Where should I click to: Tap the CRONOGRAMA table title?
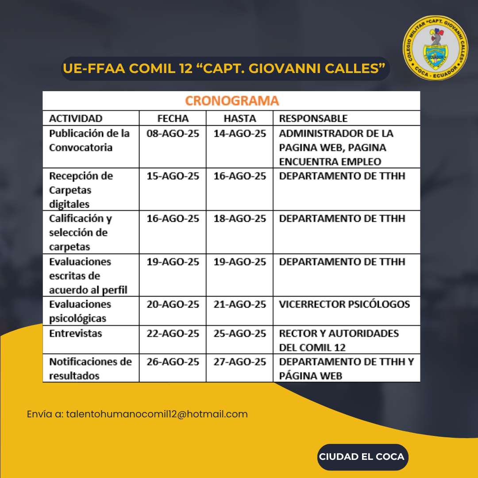click(231, 101)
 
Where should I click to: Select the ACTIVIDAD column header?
click(76, 118)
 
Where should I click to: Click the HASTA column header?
click(239, 118)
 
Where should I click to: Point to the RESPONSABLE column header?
click(313, 118)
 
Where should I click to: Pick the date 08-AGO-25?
click(173, 134)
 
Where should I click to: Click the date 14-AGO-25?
click(240, 134)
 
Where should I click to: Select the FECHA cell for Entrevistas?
click(173, 333)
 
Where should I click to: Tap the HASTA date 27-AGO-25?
click(240, 362)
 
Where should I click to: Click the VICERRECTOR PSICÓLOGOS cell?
click(344, 305)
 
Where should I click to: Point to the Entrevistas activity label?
click(76, 333)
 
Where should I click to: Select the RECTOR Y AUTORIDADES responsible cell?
click(339, 340)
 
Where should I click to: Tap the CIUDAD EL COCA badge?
click(362, 457)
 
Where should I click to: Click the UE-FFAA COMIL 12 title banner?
click(224, 69)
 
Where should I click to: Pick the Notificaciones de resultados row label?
click(90, 369)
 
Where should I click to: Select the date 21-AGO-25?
click(240, 305)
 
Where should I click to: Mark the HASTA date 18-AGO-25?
click(240, 219)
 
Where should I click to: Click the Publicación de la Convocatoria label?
click(89, 140)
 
